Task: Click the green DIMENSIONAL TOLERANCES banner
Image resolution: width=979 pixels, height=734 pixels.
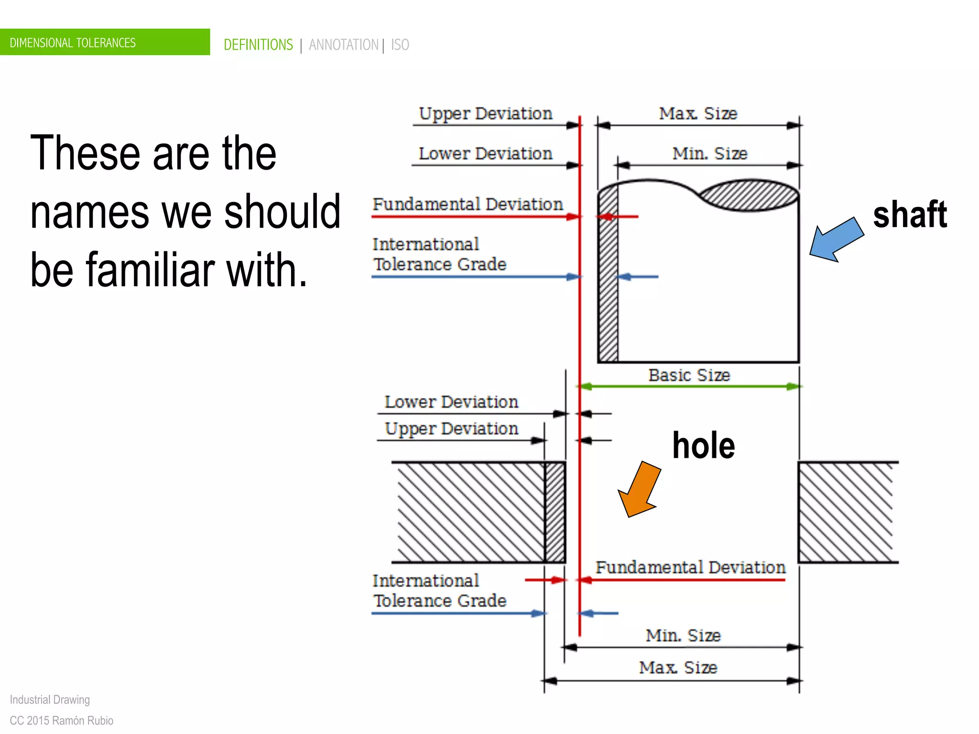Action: (x=104, y=42)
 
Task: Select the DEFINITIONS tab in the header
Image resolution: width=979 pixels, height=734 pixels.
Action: (x=258, y=45)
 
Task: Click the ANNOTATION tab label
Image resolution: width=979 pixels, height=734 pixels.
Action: (x=343, y=45)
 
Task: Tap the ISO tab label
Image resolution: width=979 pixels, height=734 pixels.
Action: (x=400, y=45)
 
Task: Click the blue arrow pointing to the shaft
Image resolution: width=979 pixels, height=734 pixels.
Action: (x=837, y=239)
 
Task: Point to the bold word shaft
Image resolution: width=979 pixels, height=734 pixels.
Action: (x=909, y=215)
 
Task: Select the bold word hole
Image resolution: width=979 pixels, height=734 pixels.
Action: (x=703, y=445)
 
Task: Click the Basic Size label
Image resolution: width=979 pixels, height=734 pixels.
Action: (x=689, y=375)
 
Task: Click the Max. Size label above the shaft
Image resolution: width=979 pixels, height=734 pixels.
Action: (x=698, y=114)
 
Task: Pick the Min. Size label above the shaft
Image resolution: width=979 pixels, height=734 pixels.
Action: (x=709, y=153)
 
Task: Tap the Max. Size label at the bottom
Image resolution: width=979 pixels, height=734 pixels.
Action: (x=678, y=667)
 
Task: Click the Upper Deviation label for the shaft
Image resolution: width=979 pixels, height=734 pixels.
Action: (x=485, y=114)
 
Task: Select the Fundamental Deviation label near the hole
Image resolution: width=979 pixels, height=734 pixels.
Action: (x=690, y=567)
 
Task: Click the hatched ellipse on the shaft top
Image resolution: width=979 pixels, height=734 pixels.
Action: (x=750, y=195)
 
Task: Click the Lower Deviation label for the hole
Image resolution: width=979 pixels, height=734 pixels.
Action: (x=451, y=402)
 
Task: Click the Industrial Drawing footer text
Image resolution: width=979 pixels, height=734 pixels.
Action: (x=50, y=700)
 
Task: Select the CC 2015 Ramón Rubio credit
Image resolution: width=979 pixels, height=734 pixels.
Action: (x=61, y=721)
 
